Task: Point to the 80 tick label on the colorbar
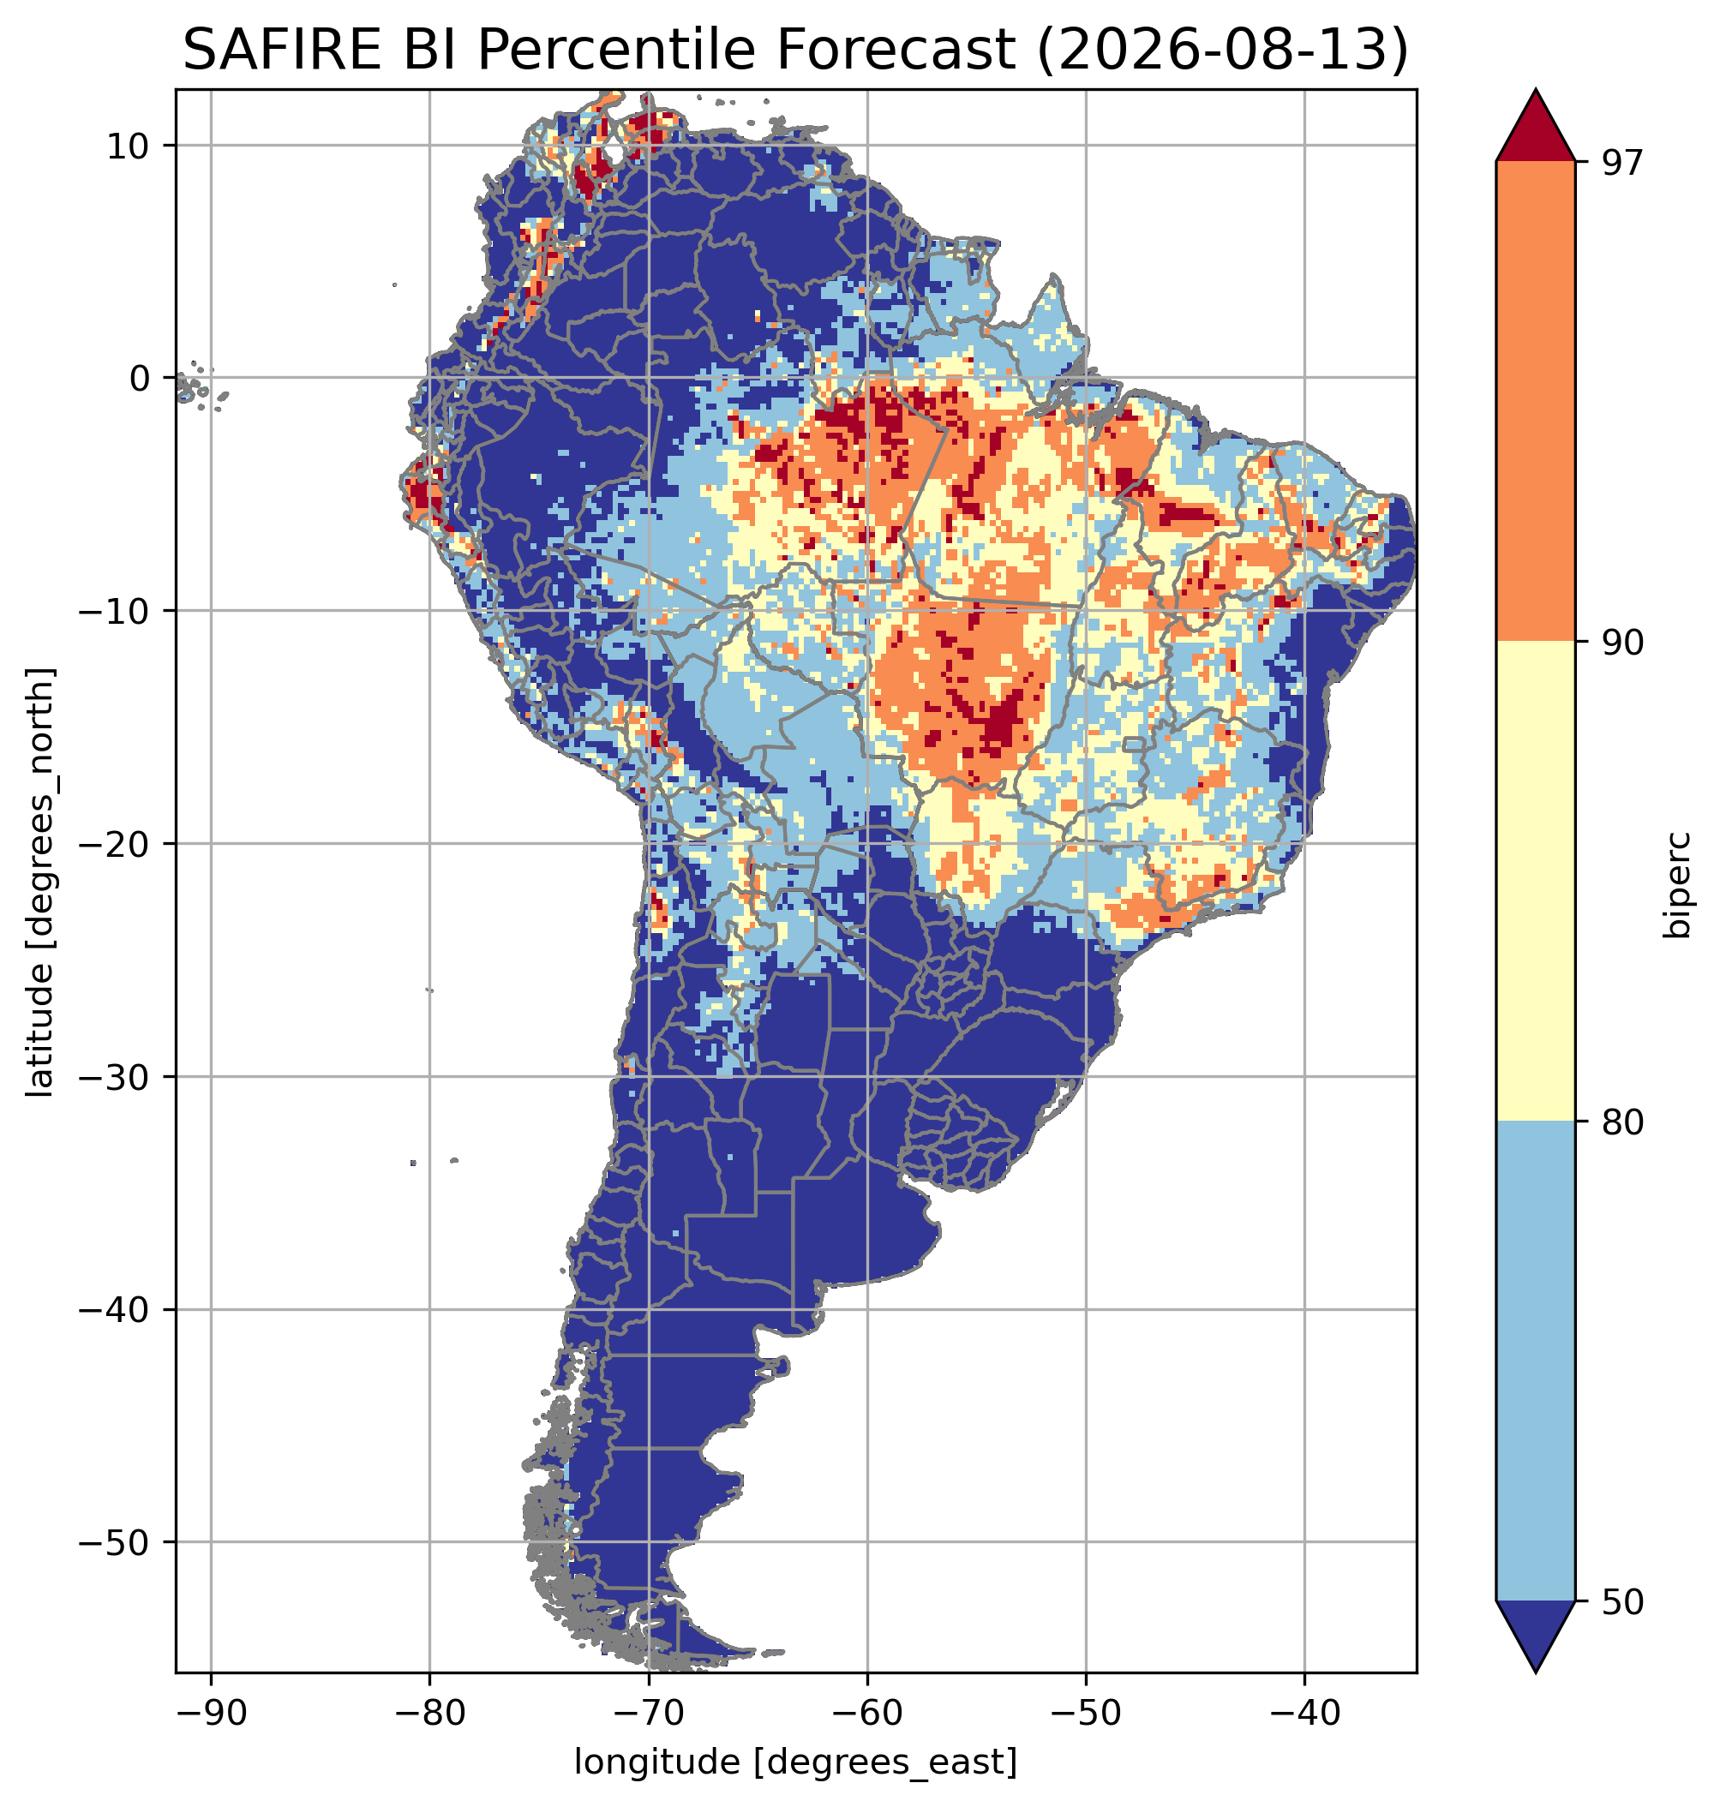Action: [x=1624, y=1123]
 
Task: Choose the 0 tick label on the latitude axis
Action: [x=140, y=378]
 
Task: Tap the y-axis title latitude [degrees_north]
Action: [x=40, y=882]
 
